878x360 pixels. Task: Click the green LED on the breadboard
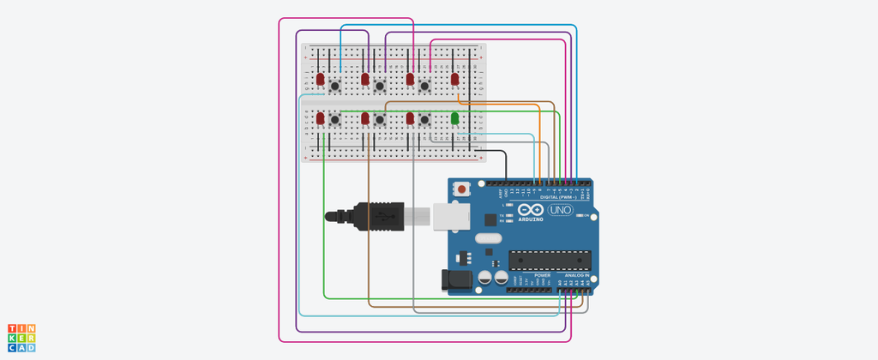click(x=455, y=117)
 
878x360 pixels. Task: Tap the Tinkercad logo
click(x=21, y=338)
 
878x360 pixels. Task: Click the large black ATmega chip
click(x=550, y=258)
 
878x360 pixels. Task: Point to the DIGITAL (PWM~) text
click(x=559, y=197)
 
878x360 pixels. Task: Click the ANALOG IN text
click(x=575, y=275)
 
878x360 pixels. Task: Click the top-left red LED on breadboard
click(x=321, y=79)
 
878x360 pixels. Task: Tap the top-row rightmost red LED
click(x=455, y=79)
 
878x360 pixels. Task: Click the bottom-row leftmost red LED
click(x=321, y=117)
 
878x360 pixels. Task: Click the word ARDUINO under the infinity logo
click(x=531, y=219)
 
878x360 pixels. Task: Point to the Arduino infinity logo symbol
click(x=531, y=210)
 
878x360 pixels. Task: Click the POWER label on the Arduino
click(x=530, y=275)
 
